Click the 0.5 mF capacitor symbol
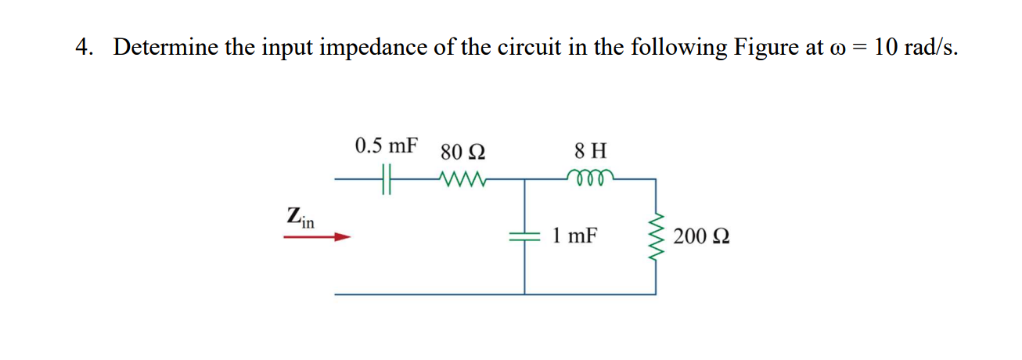[385, 178]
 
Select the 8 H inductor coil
[589, 177]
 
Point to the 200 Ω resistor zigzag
[656, 236]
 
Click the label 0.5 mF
[386, 146]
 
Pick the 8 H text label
[589, 149]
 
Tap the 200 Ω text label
[702, 236]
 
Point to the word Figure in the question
[766, 48]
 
